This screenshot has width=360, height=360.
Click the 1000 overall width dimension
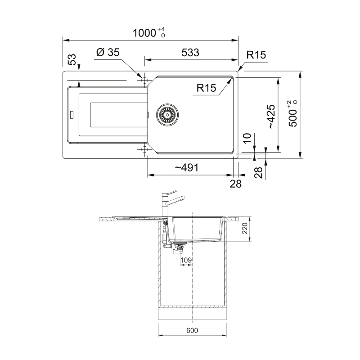pyautogui.click(x=149, y=33)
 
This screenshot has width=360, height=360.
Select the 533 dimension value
pyautogui.click(x=190, y=53)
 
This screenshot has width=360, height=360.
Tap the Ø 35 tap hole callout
pyautogui.click(x=108, y=52)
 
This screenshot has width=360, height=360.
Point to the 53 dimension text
pyautogui.click(x=72, y=59)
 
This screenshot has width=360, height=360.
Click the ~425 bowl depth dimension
pyautogui.click(x=271, y=117)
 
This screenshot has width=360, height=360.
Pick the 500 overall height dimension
pyautogui.click(x=293, y=114)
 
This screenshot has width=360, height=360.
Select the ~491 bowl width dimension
pyautogui.click(x=186, y=168)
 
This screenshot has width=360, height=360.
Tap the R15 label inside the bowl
pyautogui.click(x=206, y=88)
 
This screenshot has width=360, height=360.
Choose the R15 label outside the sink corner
pyautogui.click(x=256, y=55)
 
